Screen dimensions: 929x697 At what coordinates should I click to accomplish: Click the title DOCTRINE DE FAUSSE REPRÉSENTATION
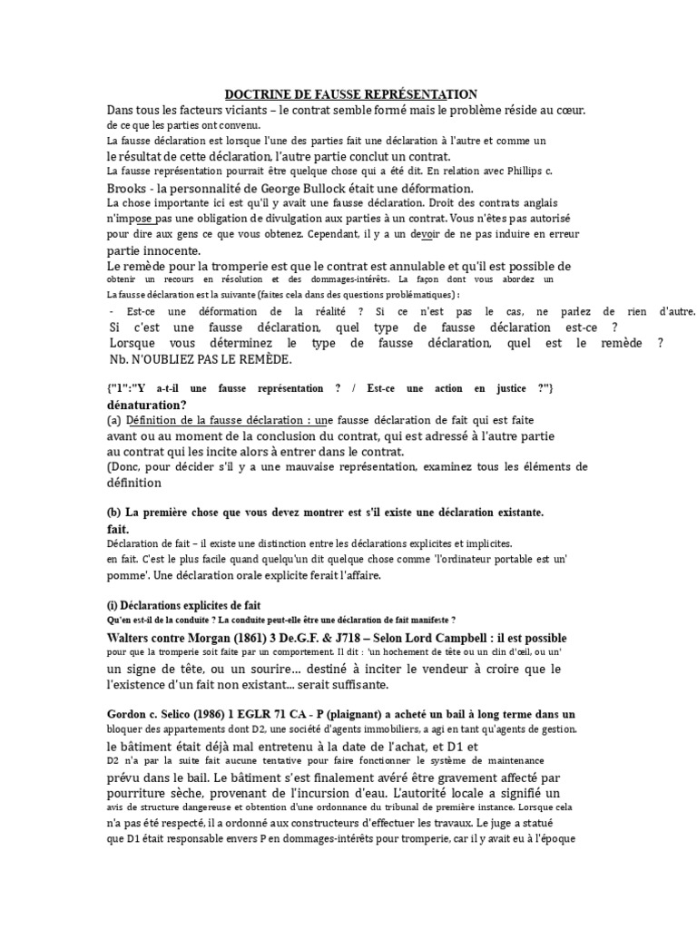point(350,94)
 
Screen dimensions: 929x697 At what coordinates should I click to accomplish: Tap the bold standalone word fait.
point(118,528)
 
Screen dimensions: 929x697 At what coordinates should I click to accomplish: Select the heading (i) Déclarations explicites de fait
point(183,604)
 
